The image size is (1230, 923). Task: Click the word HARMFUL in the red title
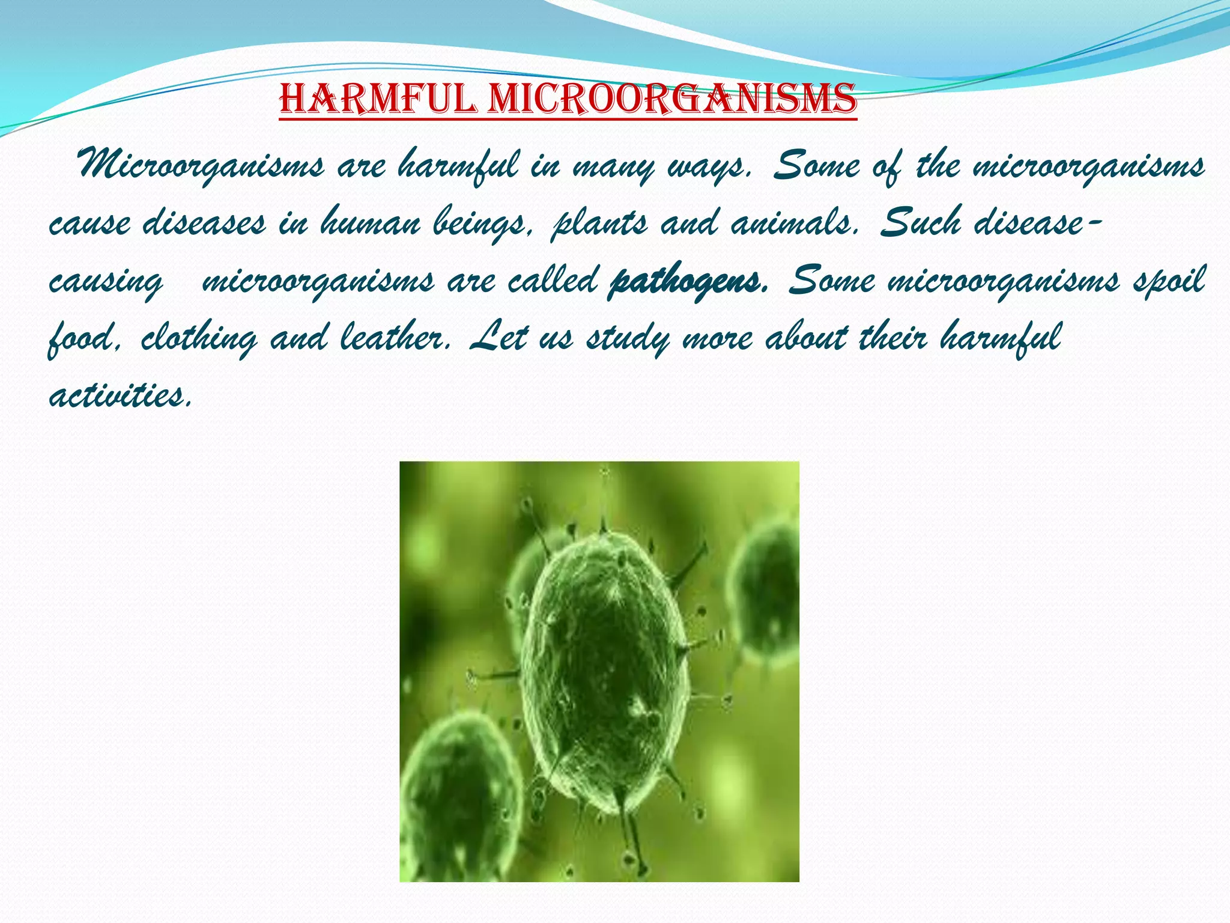coord(378,99)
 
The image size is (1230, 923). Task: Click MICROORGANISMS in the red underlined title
coord(672,99)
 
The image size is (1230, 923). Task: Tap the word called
coord(552,280)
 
